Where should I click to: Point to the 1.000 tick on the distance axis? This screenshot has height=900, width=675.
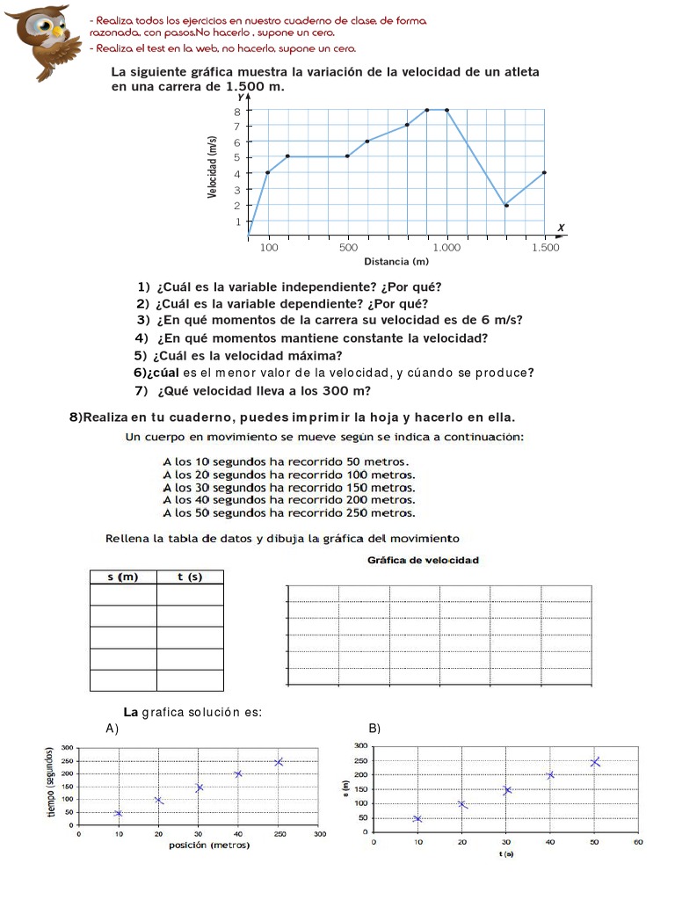point(446,249)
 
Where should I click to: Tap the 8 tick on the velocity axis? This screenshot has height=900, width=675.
point(237,111)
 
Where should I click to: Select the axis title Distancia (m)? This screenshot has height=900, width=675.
point(396,262)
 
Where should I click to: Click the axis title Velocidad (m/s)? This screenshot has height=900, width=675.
point(213,166)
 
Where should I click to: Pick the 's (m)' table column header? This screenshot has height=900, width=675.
point(123,577)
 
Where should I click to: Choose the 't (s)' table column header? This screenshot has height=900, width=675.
point(190,577)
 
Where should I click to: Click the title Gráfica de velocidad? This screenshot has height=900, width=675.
point(423,560)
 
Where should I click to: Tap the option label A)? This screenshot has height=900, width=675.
point(112,729)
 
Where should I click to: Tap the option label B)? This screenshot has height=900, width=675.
point(374,729)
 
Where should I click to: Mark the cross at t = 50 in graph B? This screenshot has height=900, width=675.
point(595,762)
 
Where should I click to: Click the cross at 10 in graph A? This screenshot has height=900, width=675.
point(119,813)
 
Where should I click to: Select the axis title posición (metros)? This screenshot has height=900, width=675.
point(209,846)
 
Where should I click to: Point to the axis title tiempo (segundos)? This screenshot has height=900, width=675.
point(52,782)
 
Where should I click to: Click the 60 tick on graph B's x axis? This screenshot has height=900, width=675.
point(639,842)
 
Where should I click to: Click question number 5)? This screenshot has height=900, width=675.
point(141,356)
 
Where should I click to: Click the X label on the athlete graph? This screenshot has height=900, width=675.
point(561,229)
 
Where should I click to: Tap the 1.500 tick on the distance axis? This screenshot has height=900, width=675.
point(545,249)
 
